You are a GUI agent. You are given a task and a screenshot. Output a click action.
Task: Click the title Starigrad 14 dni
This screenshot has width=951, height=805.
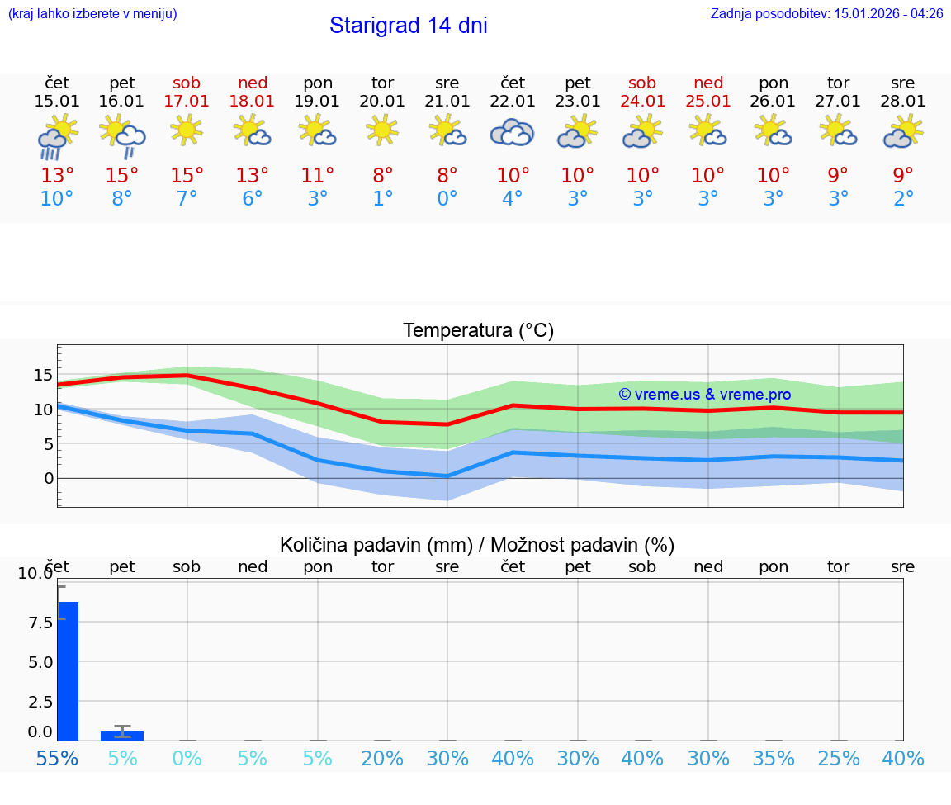pyautogui.click(x=408, y=26)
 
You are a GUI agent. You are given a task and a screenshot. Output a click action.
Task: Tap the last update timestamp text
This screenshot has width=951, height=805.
pyautogui.click(x=826, y=14)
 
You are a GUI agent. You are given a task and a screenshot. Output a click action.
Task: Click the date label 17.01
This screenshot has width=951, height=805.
pyautogui.click(x=187, y=102)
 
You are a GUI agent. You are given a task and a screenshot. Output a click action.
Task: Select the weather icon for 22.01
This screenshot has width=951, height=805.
pyautogui.click(x=512, y=132)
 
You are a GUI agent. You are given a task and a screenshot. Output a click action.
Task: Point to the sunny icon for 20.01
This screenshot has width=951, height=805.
pyautogui.click(x=382, y=130)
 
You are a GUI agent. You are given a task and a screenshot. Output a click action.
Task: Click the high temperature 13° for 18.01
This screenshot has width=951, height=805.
pyautogui.click(x=252, y=176)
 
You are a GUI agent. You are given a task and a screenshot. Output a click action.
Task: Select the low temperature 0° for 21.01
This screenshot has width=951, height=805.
pyautogui.click(x=447, y=199)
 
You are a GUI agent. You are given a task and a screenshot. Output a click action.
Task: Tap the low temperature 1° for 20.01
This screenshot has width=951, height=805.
pyautogui.click(x=382, y=199)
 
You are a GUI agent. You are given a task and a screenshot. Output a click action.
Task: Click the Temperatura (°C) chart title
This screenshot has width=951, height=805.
pyautogui.click(x=478, y=331)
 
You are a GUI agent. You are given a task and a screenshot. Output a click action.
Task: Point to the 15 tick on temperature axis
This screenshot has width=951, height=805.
pyautogui.click(x=43, y=375)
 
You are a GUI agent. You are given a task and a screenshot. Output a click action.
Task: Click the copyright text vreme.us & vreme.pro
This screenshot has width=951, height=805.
pyautogui.click(x=704, y=395)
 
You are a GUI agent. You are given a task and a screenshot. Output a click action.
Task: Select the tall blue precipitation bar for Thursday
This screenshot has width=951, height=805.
pyautogui.click(x=68, y=670)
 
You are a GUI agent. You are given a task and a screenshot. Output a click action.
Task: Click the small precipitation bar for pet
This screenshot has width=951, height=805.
pyautogui.click(x=122, y=735)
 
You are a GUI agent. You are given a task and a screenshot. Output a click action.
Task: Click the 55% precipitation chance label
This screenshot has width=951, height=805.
pyautogui.click(x=57, y=758)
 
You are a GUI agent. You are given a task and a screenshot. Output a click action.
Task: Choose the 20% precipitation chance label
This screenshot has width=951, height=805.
pyautogui.click(x=382, y=758)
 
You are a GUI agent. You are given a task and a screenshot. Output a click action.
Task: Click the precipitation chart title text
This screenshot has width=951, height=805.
pyautogui.click(x=477, y=545)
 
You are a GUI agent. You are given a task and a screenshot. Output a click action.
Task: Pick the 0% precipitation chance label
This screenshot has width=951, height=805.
pyautogui.click(x=187, y=758)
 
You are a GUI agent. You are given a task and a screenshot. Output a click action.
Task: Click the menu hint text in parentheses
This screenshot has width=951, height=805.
pyautogui.click(x=92, y=14)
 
